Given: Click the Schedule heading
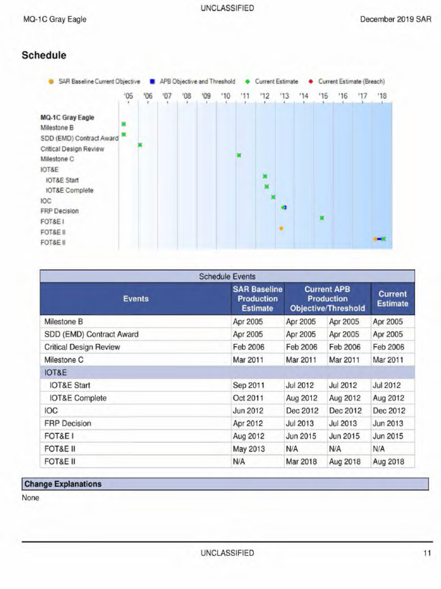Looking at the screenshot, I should click(44, 56).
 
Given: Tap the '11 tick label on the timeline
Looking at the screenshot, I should click(245, 96).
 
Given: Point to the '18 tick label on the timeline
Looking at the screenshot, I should click(382, 96).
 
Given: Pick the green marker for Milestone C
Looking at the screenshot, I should click(239, 155).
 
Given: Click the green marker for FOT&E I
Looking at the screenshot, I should click(322, 218).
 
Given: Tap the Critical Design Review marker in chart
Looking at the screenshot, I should click(140, 145).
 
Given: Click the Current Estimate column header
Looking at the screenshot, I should click(393, 299).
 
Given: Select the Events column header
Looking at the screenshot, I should click(136, 299).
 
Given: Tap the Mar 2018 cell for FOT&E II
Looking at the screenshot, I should click(301, 461).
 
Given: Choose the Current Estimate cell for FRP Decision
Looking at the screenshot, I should click(388, 423).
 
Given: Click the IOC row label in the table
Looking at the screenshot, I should click(51, 411).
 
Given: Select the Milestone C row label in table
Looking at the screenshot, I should click(64, 360).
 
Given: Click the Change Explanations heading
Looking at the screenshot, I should click(63, 484).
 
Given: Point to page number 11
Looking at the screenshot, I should click(427, 553).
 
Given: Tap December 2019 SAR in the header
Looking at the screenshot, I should click(396, 20).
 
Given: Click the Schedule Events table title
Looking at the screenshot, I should click(227, 277).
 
